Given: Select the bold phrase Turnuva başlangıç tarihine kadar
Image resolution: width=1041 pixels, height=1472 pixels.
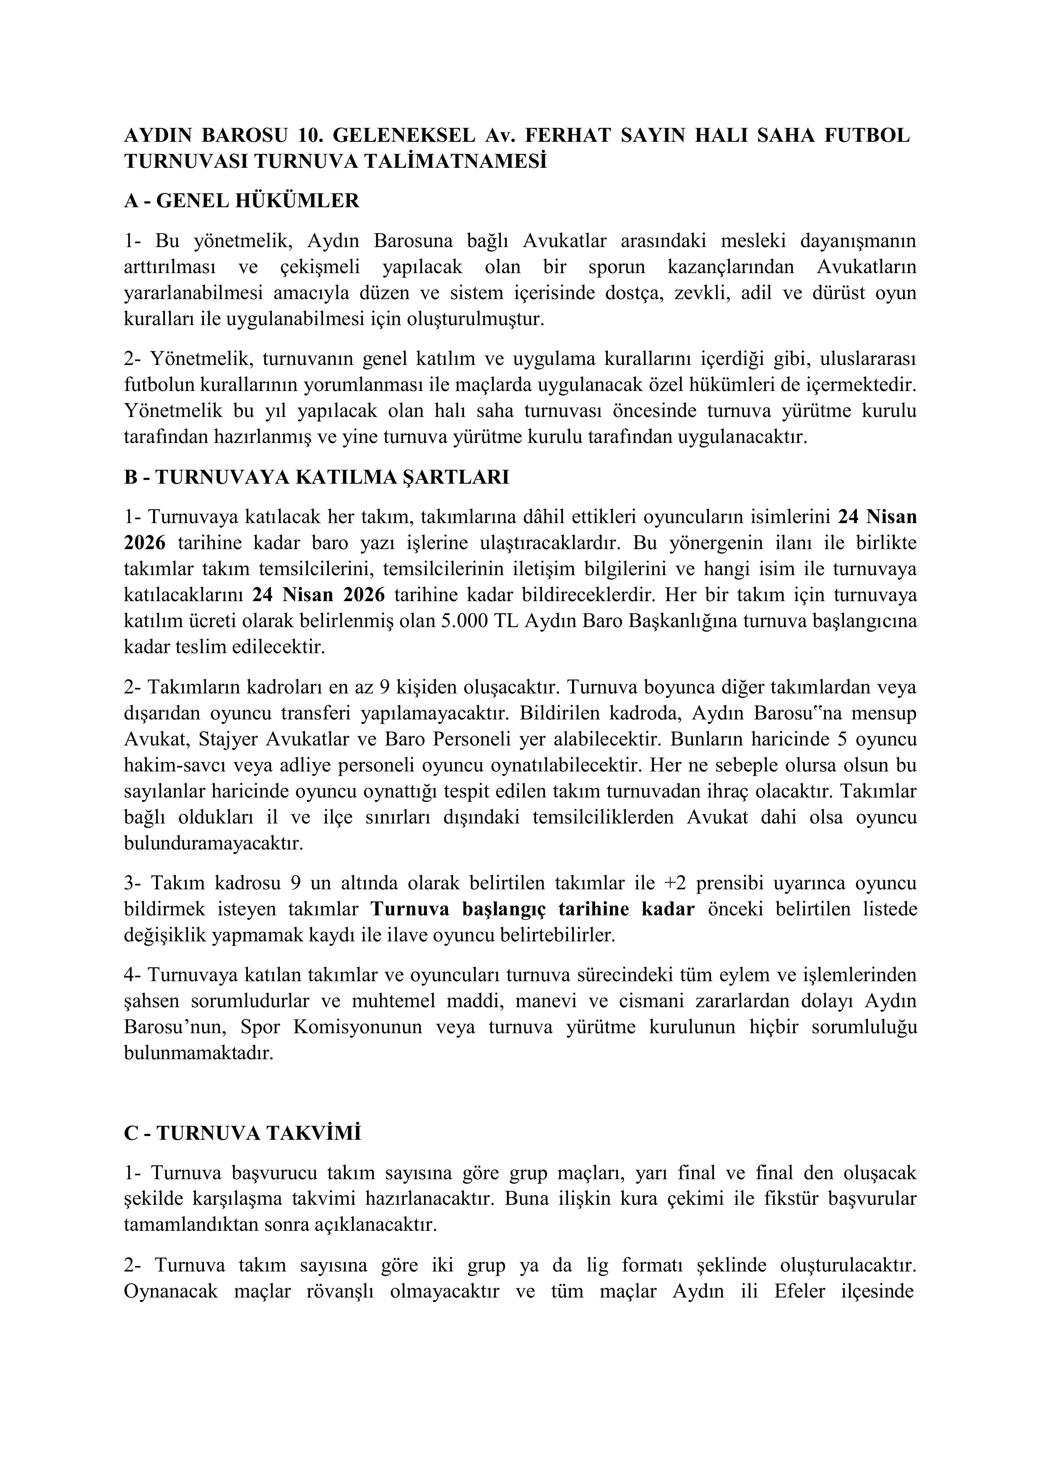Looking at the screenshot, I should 532,909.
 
